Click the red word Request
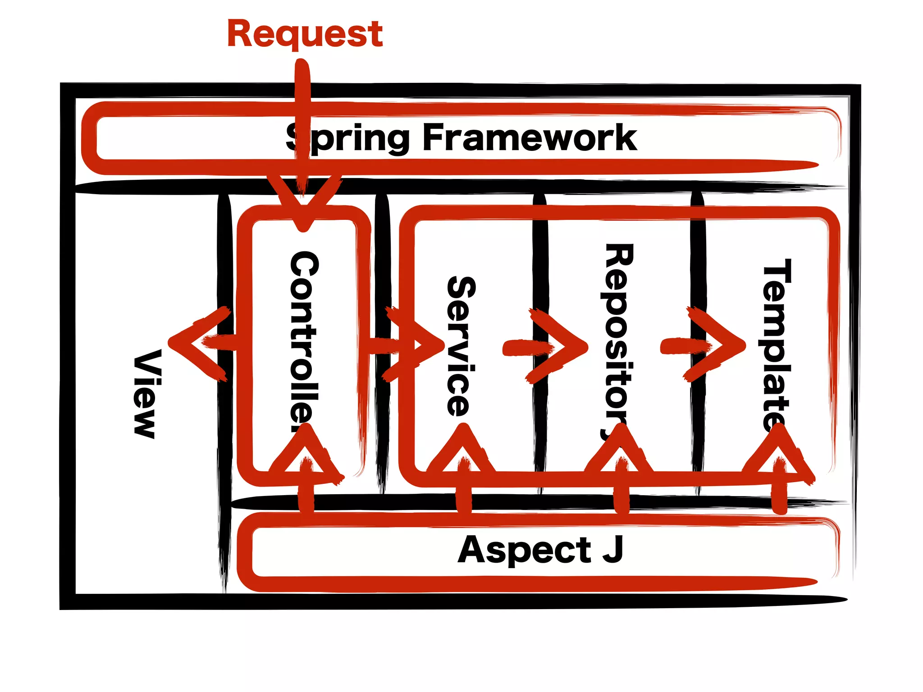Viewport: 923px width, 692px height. [x=305, y=34]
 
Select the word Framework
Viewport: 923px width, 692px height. [x=529, y=137]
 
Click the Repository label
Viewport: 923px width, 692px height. [x=618, y=342]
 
